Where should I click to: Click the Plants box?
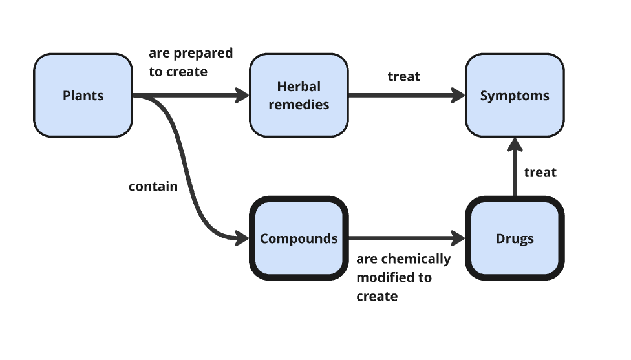(x=83, y=96)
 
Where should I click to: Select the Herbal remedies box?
(x=299, y=96)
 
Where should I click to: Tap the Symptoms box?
(x=515, y=96)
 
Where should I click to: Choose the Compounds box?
(x=299, y=238)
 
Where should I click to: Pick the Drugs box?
(x=515, y=238)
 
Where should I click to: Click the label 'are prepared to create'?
(x=191, y=62)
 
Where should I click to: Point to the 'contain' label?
(x=153, y=187)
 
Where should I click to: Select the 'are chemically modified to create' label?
(x=403, y=277)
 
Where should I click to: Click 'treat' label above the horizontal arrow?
(x=404, y=76)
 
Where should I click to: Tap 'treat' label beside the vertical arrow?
(x=540, y=173)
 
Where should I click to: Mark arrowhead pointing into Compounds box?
(x=243, y=238)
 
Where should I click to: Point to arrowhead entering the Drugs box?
(x=459, y=238)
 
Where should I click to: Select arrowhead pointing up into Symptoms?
(x=515, y=144)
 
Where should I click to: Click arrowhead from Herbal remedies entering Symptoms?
(x=459, y=96)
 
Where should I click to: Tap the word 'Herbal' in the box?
(x=299, y=87)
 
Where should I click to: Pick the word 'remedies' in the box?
(x=299, y=105)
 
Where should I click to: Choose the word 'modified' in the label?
(x=385, y=277)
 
